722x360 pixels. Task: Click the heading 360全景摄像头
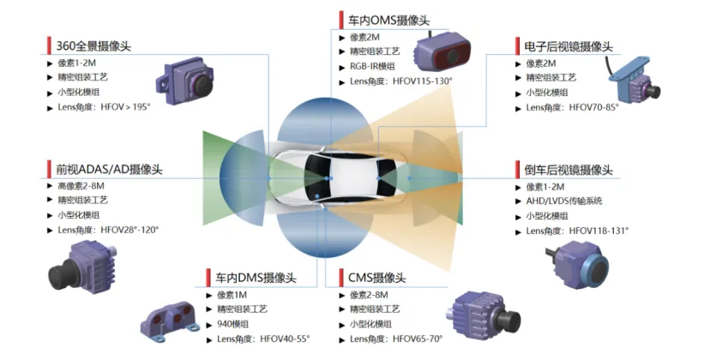point(93,46)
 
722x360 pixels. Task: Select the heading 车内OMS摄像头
point(389,21)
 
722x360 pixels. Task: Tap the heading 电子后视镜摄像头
point(569,46)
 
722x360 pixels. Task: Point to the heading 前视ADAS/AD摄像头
point(109,169)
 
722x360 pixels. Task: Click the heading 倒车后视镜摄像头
point(569,170)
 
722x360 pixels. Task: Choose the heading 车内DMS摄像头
point(256,278)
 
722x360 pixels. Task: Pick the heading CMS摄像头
point(377,278)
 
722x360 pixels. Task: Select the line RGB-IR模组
point(372,67)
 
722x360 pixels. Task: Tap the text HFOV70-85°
point(594,108)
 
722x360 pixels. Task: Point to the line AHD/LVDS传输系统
point(564,201)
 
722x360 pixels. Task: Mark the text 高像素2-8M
point(81,186)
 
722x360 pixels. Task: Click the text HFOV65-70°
point(418,339)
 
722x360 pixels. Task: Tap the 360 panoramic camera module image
point(185,81)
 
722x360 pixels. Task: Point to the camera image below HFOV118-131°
point(577,265)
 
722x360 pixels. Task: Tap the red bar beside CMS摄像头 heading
point(341,278)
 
